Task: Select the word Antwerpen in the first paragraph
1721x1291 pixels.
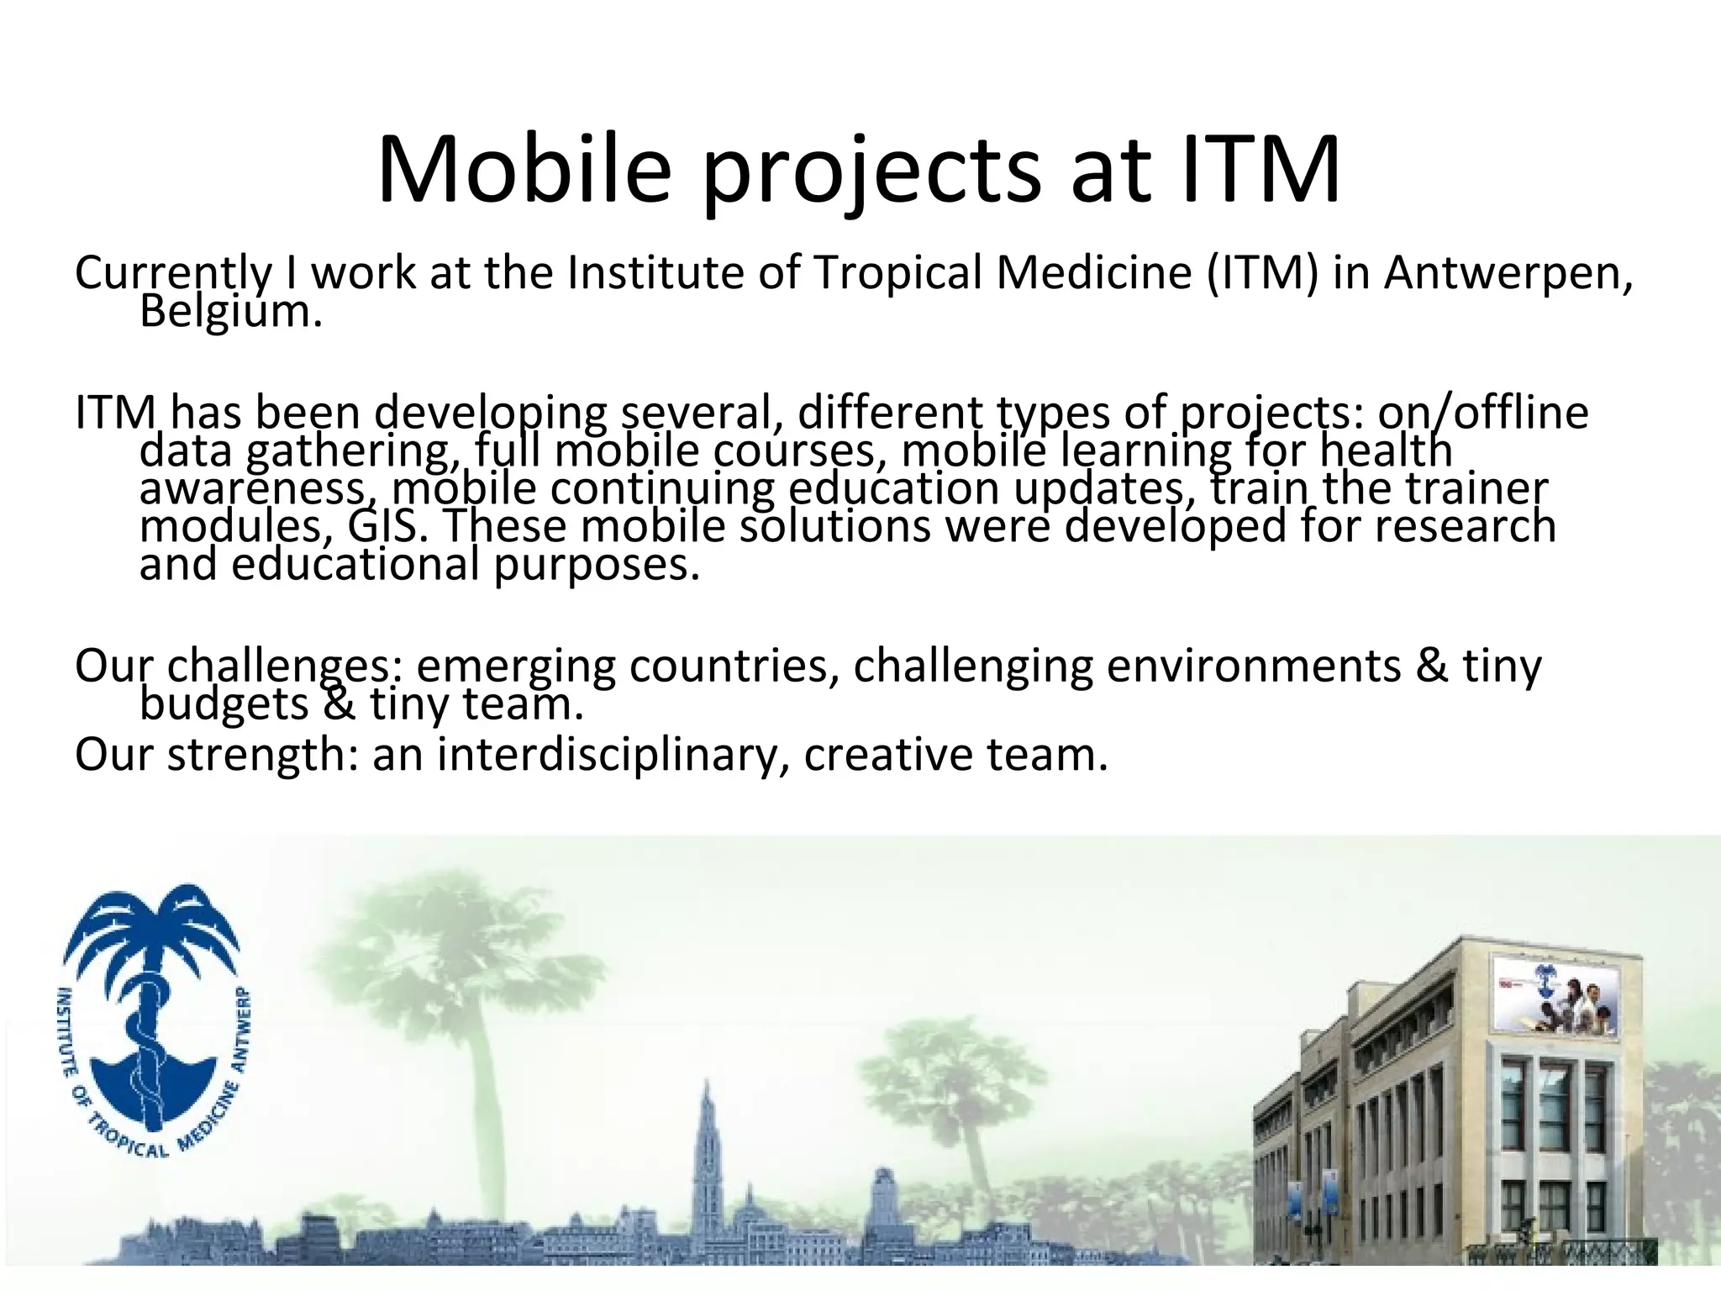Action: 1508,273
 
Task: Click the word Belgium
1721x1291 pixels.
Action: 230,313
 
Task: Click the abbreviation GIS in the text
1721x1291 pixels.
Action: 383,527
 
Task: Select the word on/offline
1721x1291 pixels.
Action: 1483,413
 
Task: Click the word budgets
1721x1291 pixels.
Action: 224,703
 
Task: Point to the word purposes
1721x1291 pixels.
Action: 596,565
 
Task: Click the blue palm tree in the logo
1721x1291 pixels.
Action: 152,933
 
